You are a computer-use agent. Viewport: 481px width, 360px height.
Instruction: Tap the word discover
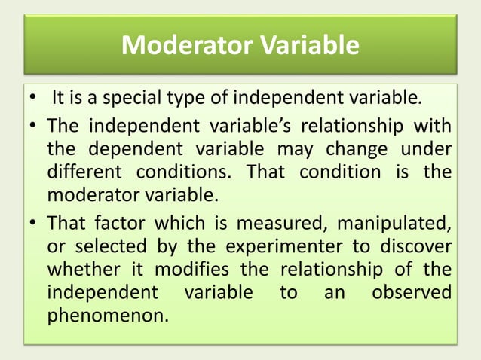(413, 246)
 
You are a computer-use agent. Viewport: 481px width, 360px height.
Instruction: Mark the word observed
(412, 292)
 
